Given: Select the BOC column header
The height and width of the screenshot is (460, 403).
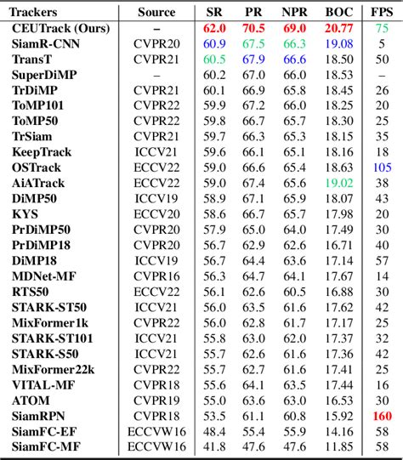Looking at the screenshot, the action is pyautogui.click(x=338, y=13).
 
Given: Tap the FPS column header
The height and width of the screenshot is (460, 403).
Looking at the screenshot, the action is pyautogui.click(x=382, y=13).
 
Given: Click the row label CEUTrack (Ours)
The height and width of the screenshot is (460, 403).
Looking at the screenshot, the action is pyautogui.click(x=60, y=29).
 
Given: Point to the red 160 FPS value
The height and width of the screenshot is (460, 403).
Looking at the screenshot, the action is pyautogui.click(x=381, y=415).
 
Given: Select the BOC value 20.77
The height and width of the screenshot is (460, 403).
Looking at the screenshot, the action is pyautogui.click(x=338, y=29).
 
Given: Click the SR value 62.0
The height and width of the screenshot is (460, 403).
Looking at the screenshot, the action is pyautogui.click(x=215, y=29).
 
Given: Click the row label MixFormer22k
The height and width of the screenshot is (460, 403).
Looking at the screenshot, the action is pyautogui.click(x=53, y=368).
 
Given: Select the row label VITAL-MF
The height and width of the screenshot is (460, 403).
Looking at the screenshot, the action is pyautogui.click(x=42, y=384).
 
